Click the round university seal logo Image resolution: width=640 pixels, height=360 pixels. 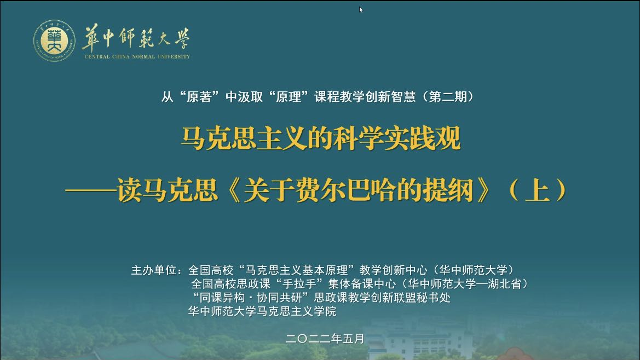click(54, 41)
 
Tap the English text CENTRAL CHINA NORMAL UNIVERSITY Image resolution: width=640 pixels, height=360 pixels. click(137, 57)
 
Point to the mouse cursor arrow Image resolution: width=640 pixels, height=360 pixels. click(361, 10)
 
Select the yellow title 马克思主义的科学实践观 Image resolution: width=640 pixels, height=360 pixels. click(321, 138)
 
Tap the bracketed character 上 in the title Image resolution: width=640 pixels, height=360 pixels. click(537, 190)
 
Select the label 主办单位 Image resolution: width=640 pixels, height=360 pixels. click(153, 270)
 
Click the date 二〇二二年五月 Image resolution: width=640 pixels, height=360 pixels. click(325, 339)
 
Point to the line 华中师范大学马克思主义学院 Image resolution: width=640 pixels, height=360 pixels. click(262, 311)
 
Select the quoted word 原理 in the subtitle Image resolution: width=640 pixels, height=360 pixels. click(289, 97)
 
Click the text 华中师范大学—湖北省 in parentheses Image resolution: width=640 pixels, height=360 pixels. click(464, 284)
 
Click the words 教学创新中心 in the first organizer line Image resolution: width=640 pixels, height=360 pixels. click(393, 270)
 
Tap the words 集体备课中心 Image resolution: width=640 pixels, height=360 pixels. click(362, 284)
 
